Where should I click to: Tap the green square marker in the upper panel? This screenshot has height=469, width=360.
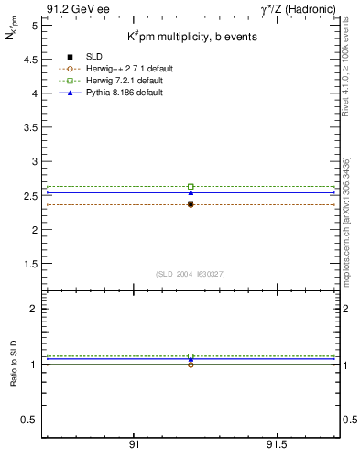pyautogui.click(x=191, y=186)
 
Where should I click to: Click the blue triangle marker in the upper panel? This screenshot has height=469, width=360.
pyautogui.click(x=191, y=192)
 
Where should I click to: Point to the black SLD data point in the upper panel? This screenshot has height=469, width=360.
pyautogui.click(x=191, y=204)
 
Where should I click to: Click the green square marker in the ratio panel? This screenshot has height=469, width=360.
pyautogui.click(x=191, y=356)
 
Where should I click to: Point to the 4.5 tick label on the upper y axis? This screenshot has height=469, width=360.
pyautogui.click(x=30, y=60)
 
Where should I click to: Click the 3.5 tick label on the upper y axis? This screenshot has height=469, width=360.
pyautogui.click(x=30, y=127)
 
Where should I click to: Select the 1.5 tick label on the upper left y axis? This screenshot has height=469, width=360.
pyautogui.click(x=30, y=264)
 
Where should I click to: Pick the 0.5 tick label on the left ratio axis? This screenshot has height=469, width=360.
pyautogui.click(x=30, y=420)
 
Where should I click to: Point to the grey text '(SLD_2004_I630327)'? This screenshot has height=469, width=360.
pyautogui.click(x=190, y=274)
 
